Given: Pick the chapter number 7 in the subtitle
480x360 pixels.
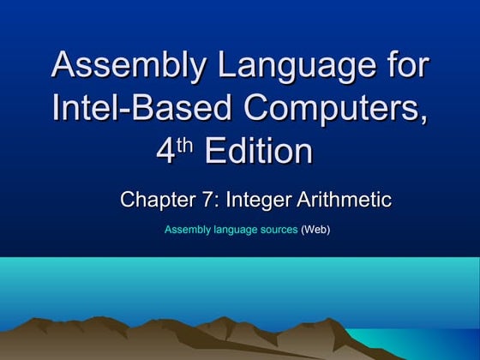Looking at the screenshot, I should tap(207, 201).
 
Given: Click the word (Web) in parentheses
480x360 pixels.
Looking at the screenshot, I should tap(315, 230).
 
